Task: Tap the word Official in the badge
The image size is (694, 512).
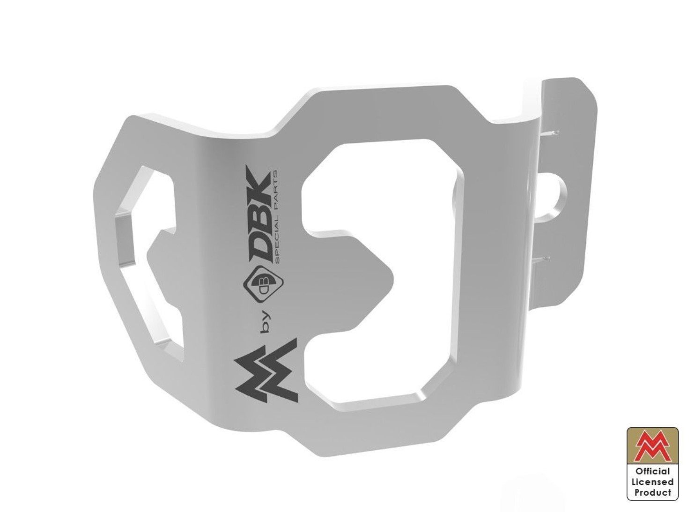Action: pyautogui.click(x=652, y=471)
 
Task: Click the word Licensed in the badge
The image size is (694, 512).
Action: pyautogui.click(x=652, y=482)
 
